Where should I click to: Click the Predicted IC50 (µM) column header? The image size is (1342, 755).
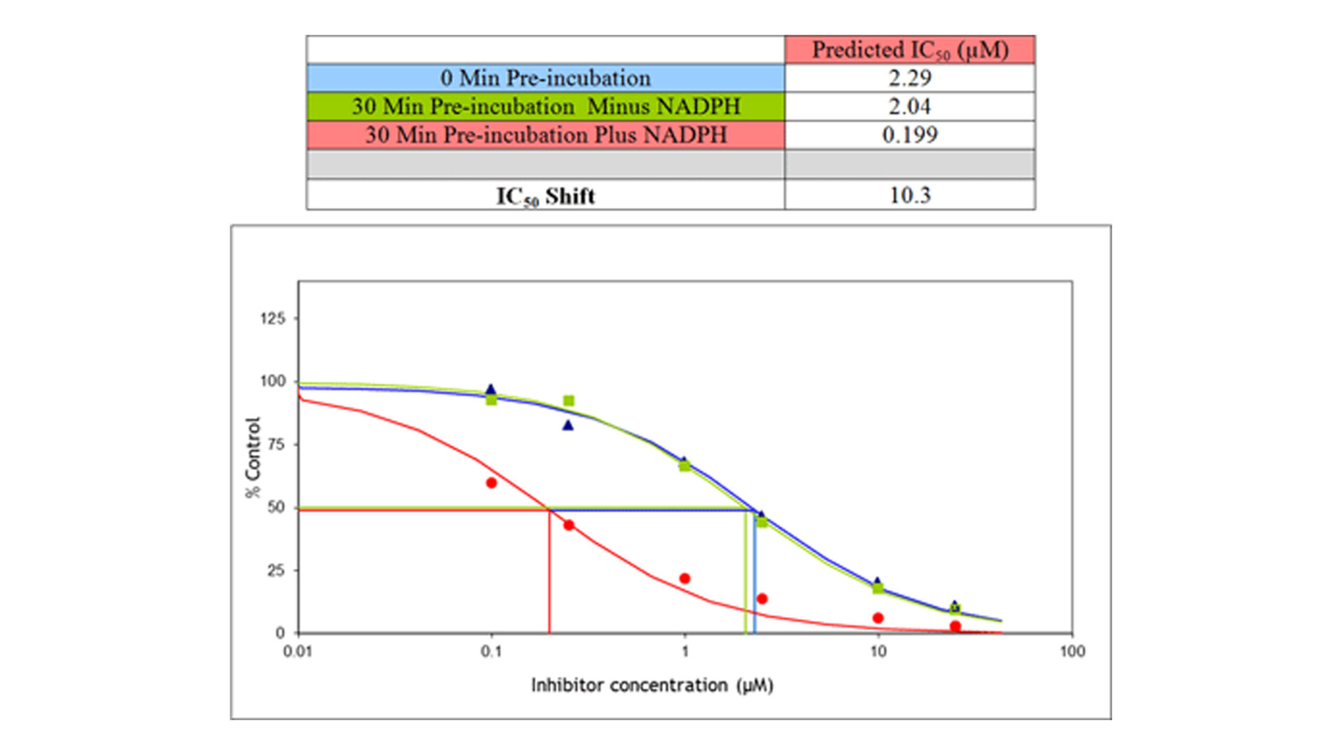pyautogui.click(x=910, y=50)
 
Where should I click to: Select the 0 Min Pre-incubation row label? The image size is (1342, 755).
pyautogui.click(x=545, y=78)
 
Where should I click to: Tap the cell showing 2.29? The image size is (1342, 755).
pyautogui.click(x=910, y=78)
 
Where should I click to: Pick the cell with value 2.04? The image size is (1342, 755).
pyautogui.click(x=910, y=106)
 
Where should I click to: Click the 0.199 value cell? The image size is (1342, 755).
pyautogui.click(x=910, y=135)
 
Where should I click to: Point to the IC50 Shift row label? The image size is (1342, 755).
pyautogui.click(x=545, y=196)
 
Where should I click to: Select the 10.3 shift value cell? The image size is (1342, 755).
pyautogui.click(x=910, y=195)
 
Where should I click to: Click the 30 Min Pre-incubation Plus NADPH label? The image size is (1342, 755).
pyautogui.click(x=545, y=135)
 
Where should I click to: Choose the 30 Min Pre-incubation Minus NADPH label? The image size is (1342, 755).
pyautogui.click(x=545, y=106)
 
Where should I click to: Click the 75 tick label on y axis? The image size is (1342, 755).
pyautogui.click(x=276, y=444)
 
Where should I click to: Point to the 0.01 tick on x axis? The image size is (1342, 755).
pyautogui.click(x=298, y=651)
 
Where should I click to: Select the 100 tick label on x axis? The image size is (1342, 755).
pyautogui.click(x=1072, y=651)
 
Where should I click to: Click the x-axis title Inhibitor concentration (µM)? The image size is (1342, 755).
pyautogui.click(x=652, y=685)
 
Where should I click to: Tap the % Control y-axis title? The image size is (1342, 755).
pyautogui.click(x=253, y=457)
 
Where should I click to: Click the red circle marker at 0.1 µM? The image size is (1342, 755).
pyautogui.click(x=491, y=483)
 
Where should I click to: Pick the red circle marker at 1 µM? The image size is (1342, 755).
pyautogui.click(x=685, y=578)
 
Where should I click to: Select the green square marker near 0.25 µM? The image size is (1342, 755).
pyautogui.click(x=569, y=401)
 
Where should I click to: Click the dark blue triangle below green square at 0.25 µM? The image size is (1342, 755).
pyautogui.click(x=568, y=426)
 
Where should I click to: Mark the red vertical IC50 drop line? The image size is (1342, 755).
pyautogui.click(x=549, y=577)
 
